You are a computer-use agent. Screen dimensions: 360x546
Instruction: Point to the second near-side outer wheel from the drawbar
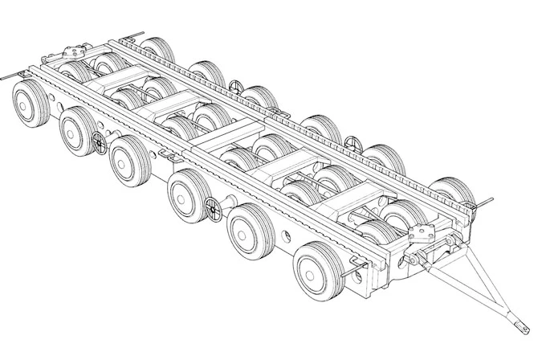252,228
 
